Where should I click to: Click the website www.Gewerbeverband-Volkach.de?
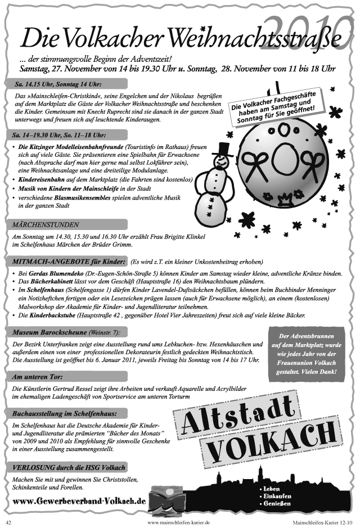[79, 500]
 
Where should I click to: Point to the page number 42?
[9, 521]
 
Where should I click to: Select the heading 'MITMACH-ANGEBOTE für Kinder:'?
[68, 261]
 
